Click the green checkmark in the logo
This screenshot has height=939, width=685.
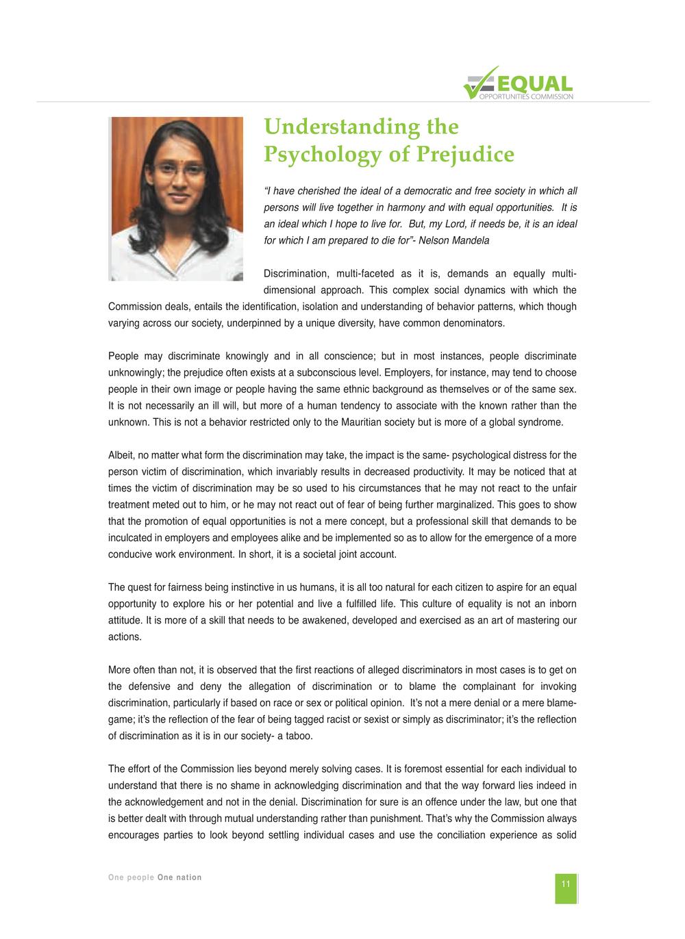480,83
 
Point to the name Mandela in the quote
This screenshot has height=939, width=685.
471,240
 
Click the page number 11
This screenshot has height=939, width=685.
566,884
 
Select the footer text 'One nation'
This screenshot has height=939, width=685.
179,877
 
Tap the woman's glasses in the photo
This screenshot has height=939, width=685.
179,170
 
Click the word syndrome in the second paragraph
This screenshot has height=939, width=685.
539,422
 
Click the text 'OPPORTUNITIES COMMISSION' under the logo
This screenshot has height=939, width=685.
526,97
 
